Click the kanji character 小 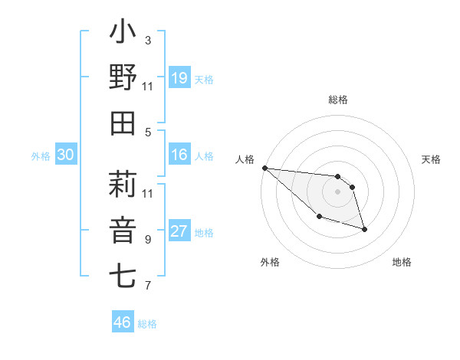pos(123,33)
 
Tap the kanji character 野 pos(123,77)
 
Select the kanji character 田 pos(123,123)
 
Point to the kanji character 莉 pos(123,185)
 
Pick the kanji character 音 pos(123,229)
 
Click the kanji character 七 pos(123,275)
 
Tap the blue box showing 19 pos(179,78)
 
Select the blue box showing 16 pos(179,155)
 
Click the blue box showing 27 pos(179,231)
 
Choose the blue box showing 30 pos(65,155)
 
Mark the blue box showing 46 pos(122,322)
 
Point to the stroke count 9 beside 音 pos(147,239)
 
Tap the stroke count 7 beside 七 pos(147,286)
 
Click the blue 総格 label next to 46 pos(147,324)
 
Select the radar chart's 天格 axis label pos(432,159)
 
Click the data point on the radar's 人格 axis pos(264,168)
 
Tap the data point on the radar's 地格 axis pos(364,229)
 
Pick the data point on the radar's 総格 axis pos(337,175)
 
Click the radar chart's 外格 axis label pos(270,262)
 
